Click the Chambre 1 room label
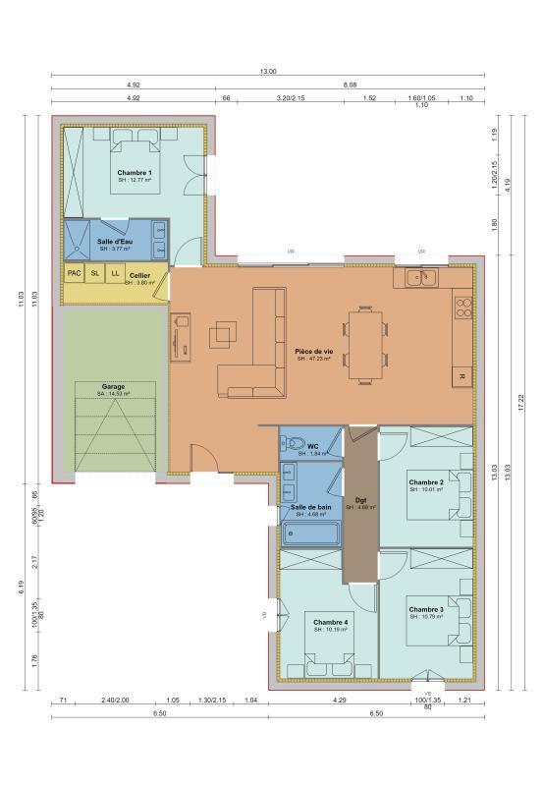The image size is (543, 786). click(x=136, y=173)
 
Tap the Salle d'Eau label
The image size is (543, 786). click(x=115, y=241)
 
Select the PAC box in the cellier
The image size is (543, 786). click(x=74, y=273)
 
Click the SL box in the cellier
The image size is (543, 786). click(x=95, y=273)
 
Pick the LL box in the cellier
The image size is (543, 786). click(x=115, y=273)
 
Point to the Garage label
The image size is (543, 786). click(x=113, y=387)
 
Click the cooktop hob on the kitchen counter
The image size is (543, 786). click(x=462, y=309)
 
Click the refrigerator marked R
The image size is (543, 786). click(x=462, y=375)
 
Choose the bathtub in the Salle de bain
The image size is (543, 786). click(x=311, y=534)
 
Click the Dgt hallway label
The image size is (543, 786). click(x=360, y=498)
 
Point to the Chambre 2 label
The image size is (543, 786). click(x=426, y=482)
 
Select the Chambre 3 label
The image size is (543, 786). click(x=426, y=609)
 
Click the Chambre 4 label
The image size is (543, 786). click(x=331, y=622)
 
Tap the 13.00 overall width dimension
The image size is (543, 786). click(x=268, y=72)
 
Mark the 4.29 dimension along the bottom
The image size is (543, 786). click(x=339, y=700)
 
